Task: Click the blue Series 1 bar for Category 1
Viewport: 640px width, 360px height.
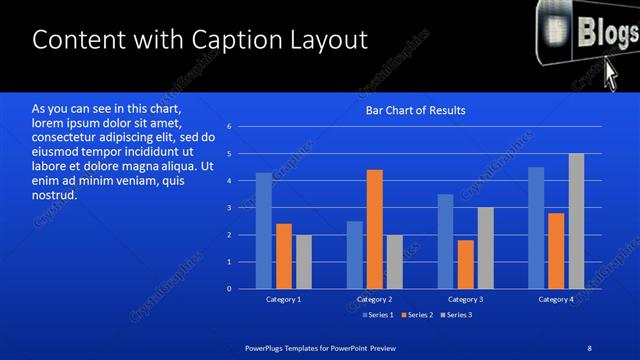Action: [264, 231]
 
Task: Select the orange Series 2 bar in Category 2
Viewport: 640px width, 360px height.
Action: [375, 229]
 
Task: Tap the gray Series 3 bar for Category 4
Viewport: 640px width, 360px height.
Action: [576, 221]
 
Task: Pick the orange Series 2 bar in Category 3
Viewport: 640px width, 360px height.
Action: [465, 264]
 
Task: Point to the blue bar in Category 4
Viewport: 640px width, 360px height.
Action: [536, 228]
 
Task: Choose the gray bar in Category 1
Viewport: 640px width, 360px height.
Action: [303, 262]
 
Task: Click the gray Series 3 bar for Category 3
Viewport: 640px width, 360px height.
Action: [485, 248]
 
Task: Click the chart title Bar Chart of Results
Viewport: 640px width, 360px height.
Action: [412, 110]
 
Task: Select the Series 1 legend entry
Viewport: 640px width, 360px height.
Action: [376, 315]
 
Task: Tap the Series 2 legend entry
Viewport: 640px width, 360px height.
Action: [416, 315]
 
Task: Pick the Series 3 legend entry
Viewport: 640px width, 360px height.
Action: [456, 315]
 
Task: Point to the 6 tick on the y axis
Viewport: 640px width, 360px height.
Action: [229, 127]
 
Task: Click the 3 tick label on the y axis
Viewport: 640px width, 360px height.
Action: [229, 208]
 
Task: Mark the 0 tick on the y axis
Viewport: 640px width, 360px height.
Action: [229, 289]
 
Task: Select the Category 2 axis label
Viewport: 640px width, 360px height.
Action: [374, 299]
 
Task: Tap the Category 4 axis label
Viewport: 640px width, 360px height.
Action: [556, 299]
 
